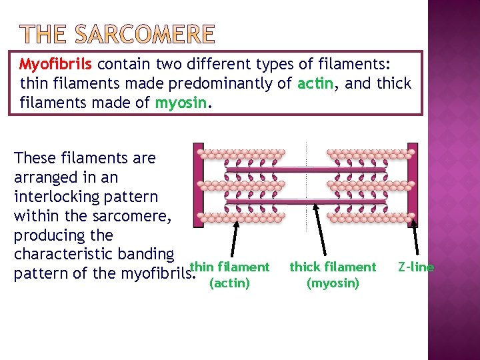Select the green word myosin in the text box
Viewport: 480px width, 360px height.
coord(177,103)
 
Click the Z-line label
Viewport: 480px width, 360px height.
coord(415,267)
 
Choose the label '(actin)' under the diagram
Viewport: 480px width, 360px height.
coord(229,283)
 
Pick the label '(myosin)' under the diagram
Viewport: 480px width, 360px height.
coord(333,283)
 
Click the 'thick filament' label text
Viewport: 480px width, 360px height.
coord(333,267)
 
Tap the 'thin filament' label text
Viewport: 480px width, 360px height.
coord(229,267)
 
